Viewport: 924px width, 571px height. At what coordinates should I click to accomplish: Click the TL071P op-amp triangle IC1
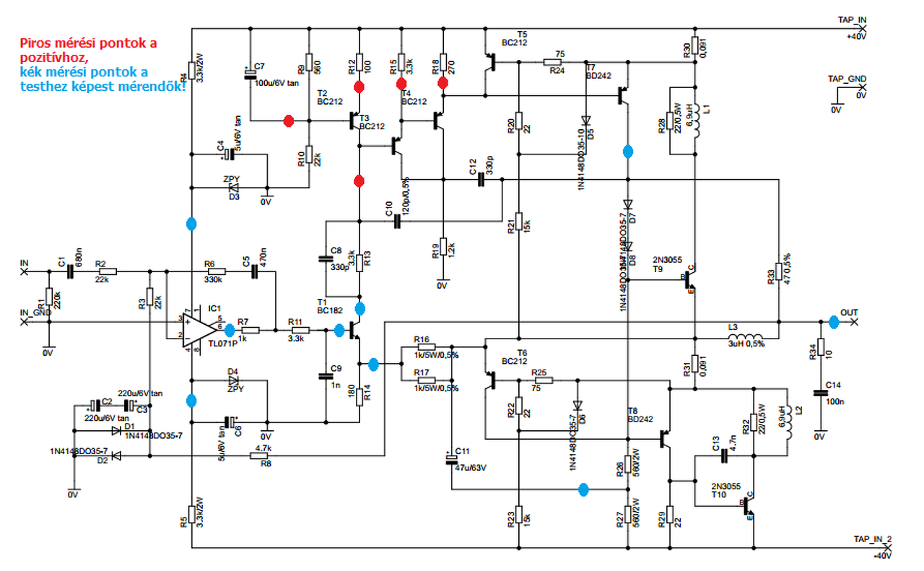(x=198, y=331)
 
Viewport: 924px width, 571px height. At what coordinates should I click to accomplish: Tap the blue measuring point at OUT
(x=834, y=322)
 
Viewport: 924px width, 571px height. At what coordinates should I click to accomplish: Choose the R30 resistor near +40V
(x=694, y=45)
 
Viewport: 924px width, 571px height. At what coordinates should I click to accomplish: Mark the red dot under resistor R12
(x=359, y=87)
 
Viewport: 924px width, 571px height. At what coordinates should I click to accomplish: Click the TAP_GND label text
(x=847, y=79)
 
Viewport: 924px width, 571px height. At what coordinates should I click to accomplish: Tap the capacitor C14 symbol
(x=819, y=393)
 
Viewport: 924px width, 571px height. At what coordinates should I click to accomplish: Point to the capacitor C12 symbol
(x=481, y=179)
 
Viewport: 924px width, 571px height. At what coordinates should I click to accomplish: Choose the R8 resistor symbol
(x=260, y=456)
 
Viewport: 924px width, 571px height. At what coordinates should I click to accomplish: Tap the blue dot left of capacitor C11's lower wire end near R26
(x=584, y=489)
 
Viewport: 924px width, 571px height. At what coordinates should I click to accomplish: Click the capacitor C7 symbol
(x=250, y=74)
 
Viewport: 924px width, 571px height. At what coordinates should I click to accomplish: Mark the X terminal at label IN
(x=25, y=272)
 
